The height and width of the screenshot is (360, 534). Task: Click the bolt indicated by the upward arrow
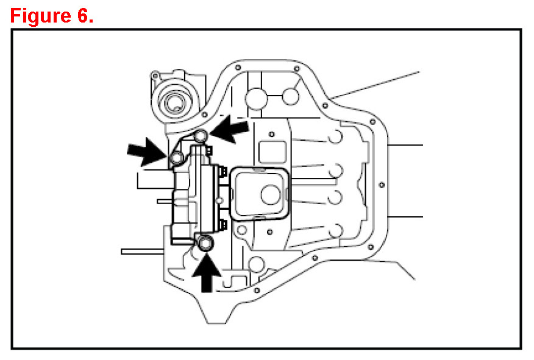pyautogui.click(x=205, y=243)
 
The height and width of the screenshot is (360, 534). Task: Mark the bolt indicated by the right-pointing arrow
pyautogui.click(x=176, y=159)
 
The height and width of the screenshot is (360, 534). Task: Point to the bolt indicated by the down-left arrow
pyautogui.click(x=202, y=136)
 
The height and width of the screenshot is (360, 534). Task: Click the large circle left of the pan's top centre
pyautogui.click(x=255, y=97)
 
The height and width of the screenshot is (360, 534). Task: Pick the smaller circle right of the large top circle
pyautogui.click(x=291, y=96)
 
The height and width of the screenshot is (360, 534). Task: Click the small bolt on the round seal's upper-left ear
pyautogui.click(x=155, y=76)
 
